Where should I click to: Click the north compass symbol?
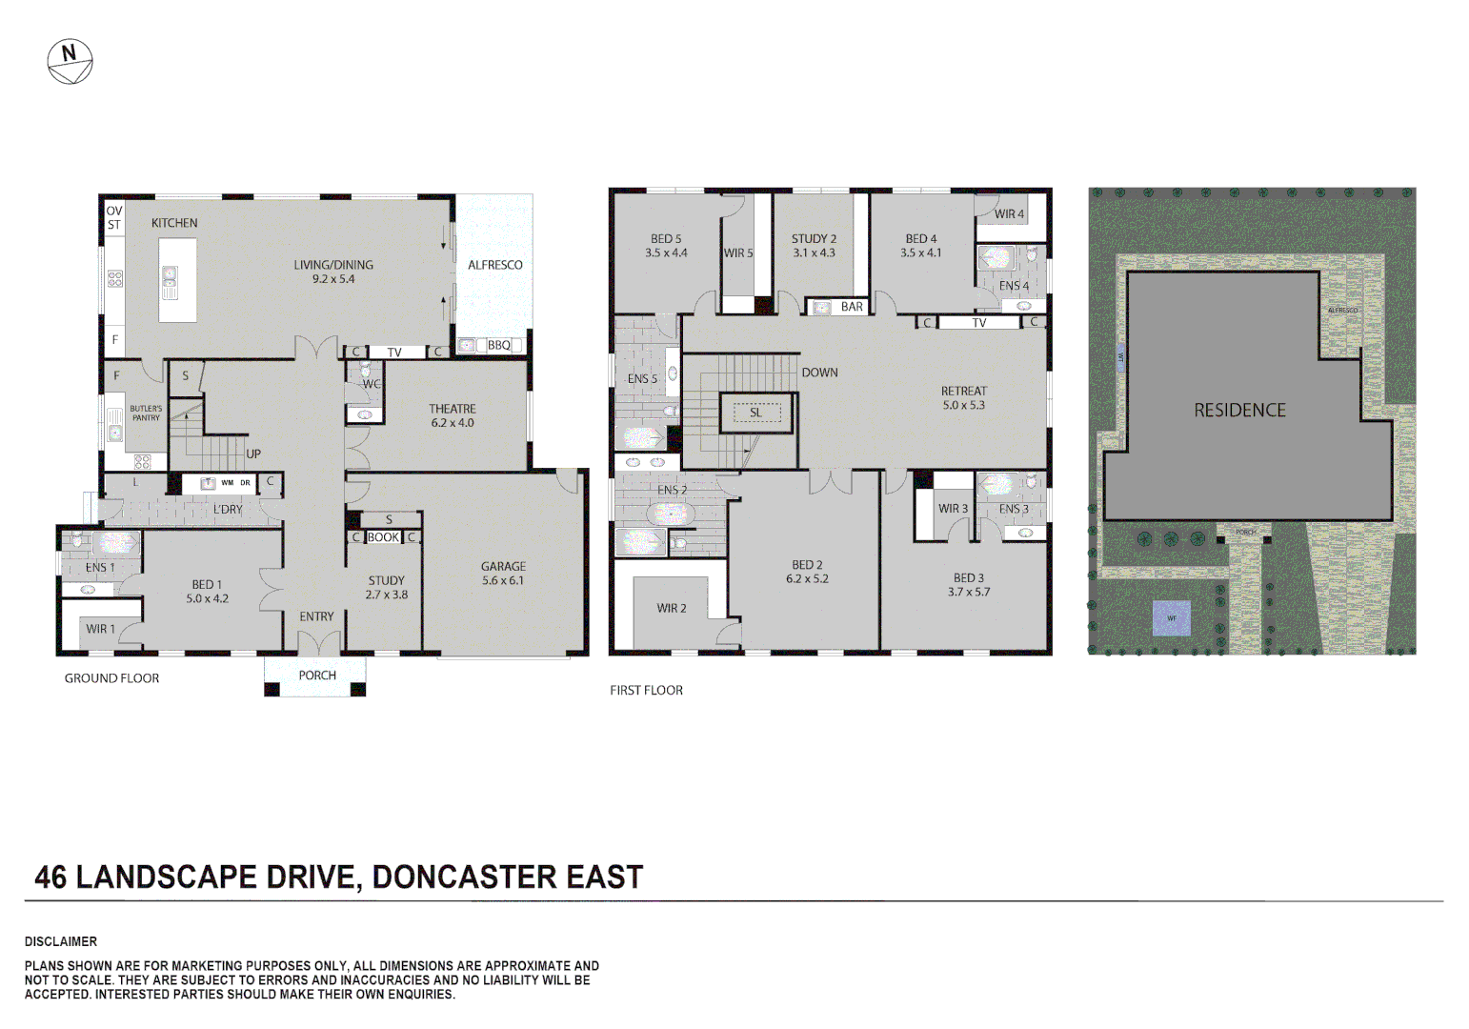click(x=70, y=62)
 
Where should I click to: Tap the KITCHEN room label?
click(x=174, y=223)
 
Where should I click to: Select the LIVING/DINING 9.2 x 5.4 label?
click(x=333, y=272)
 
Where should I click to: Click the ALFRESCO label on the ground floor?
click(x=494, y=265)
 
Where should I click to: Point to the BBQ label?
click(x=499, y=345)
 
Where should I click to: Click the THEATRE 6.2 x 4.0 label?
click(x=452, y=415)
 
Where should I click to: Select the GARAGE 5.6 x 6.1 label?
click(x=503, y=573)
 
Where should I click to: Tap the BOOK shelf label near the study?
click(x=383, y=537)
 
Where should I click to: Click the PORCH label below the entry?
click(x=317, y=676)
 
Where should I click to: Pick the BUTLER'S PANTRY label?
click(x=146, y=413)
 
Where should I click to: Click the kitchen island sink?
click(x=170, y=276)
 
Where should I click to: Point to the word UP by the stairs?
click(x=253, y=454)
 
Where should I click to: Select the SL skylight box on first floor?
click(x=756, y=413)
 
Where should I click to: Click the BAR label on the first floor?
click(x=852, y=307)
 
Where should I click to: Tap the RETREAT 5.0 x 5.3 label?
click(x=963, y=397)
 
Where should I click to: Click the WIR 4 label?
click(x=1009, y=213)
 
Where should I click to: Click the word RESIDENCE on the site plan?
click(x=1239, y=410)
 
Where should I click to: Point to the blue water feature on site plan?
click(x=1172, y=618)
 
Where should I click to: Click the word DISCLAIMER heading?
click(x=61, y=941)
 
